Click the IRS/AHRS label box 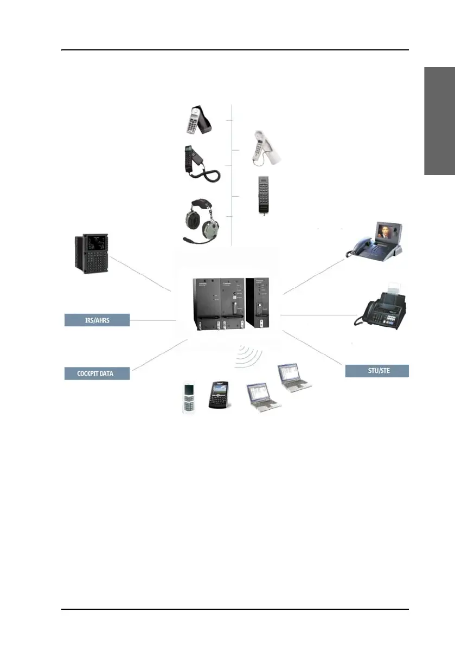97,320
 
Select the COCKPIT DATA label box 97,372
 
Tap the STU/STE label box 377,371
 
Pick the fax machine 381,309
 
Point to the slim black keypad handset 264,195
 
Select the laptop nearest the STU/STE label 293,377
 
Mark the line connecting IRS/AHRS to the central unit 153,320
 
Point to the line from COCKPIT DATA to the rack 160,355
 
